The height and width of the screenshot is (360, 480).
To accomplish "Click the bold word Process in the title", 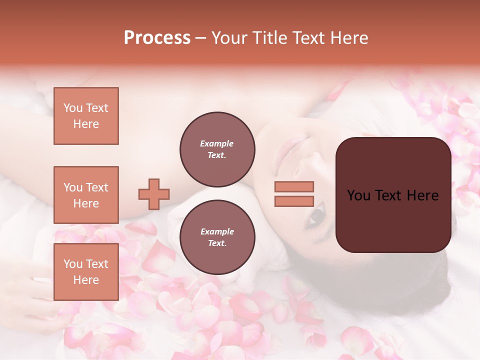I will point(157,38).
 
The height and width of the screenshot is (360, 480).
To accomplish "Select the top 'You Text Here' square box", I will point(86,116).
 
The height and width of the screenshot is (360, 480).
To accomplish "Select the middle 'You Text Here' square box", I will point(86,195).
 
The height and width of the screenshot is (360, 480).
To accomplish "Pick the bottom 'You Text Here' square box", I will point(86,271).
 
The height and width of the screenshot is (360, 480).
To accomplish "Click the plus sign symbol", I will point(154,194).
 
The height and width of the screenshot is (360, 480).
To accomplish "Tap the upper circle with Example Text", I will point(217,149).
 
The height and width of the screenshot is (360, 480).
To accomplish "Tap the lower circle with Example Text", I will point(217,237).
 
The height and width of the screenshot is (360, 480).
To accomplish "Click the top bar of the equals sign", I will point(294,186).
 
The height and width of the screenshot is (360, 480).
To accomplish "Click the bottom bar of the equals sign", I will point(294,201).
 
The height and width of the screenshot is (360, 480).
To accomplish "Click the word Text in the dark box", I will point(392,195).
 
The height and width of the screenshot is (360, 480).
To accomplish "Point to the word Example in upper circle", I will point(216,143).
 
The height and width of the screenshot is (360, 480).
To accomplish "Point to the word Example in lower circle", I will point(217,231).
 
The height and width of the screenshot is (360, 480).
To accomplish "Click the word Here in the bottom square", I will point(86,280).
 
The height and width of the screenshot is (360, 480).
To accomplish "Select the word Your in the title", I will point(229,38).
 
